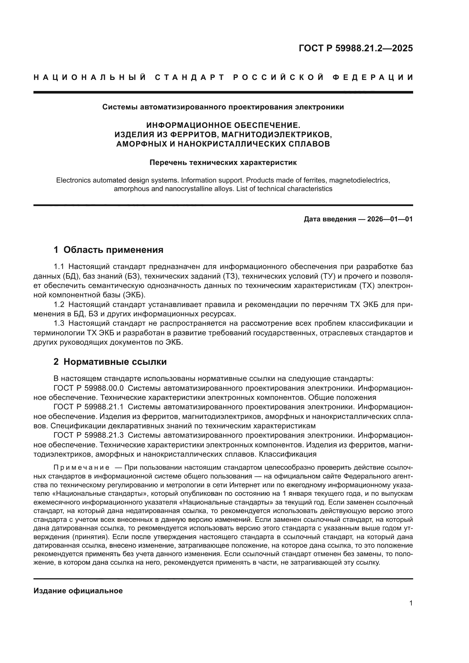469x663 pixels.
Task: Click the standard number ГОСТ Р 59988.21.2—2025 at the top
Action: [356, 48]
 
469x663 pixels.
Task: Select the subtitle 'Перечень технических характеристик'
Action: [223, 163]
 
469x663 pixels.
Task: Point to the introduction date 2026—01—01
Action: [390, 219]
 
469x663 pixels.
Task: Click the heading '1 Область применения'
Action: [109, 250]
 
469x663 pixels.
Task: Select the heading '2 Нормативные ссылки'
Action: [110, 361]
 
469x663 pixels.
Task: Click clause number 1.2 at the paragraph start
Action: [60, 305]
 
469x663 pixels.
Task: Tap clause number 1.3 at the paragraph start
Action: [60, 323]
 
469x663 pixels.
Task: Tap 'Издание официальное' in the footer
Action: [78, 591]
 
